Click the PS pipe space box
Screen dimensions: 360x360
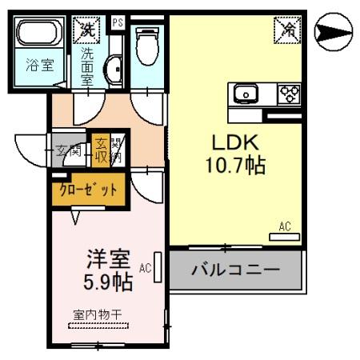click(x=118, y=22)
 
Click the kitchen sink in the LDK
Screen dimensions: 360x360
click(x=245, y=94)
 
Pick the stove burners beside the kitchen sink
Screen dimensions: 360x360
click(x=288, y=94)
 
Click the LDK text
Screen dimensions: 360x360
click(x=234, y=142)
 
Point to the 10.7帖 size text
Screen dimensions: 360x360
click(x=234, y=166)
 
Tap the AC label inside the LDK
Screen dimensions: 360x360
click(x=285, y=226)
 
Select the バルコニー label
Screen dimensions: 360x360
click(x=235, y=269)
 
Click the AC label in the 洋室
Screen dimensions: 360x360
click(x=145, y=267)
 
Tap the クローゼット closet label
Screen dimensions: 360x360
click(x=89, y=190)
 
